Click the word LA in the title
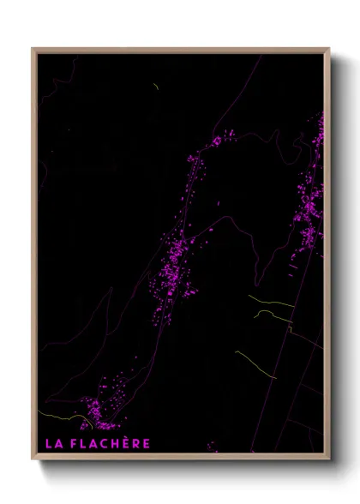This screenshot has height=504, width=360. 53,443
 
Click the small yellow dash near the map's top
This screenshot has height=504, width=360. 155,87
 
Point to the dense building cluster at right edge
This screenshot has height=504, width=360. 309,206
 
